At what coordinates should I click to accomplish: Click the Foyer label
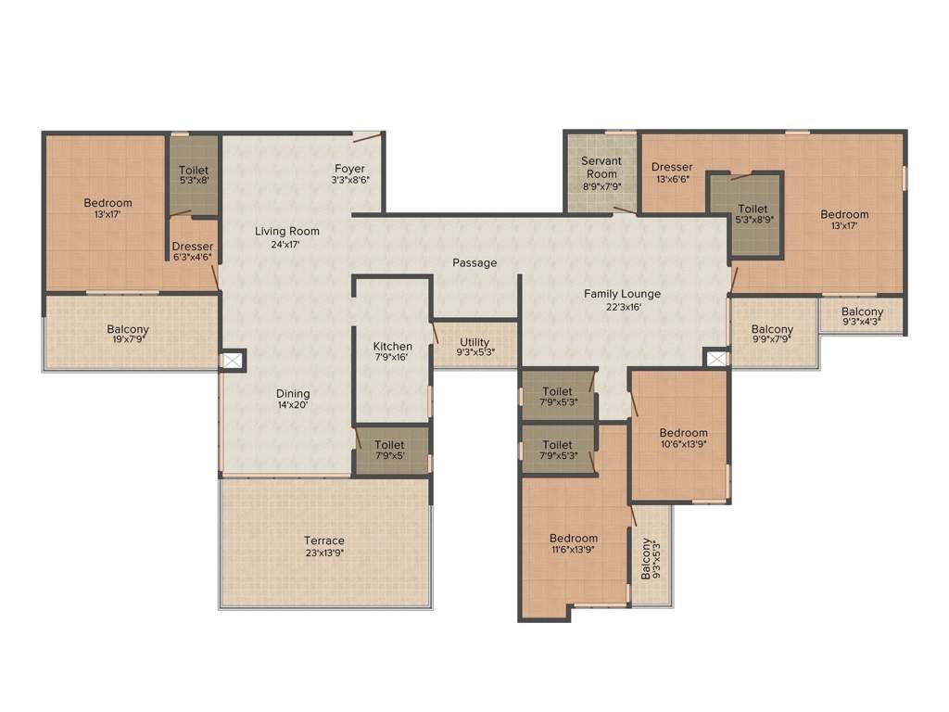[349, 169]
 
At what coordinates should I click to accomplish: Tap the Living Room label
[287, 231]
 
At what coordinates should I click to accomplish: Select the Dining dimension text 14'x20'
[293, 405]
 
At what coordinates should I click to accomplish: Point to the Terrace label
[324, 540]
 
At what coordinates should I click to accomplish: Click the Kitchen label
[392, 346]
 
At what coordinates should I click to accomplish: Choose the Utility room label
[474, 342]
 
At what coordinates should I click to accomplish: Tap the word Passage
[474, 262]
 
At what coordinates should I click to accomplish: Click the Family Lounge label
[622, 294]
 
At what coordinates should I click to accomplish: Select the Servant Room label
[601, 167]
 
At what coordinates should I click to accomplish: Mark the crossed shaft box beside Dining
[233, 361]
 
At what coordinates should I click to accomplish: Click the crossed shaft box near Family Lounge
[717, 359]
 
